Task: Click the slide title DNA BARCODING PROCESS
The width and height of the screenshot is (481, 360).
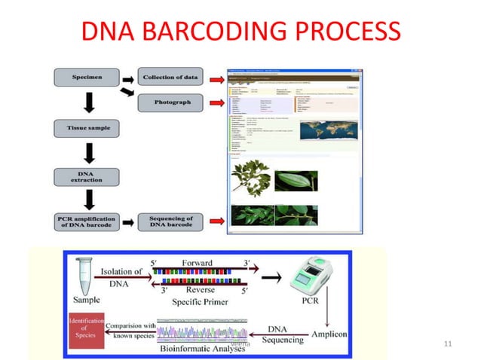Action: click(x=240, y=31)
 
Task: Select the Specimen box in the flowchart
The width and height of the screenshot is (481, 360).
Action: click(x=89, y=77)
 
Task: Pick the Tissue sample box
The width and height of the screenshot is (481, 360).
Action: click(x=89, y=128)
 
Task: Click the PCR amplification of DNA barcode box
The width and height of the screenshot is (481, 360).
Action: click(x=89, y=222)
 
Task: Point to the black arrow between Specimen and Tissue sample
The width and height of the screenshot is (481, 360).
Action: click(x=89, y=102)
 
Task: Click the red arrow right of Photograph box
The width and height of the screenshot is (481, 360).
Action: click(x=216, y=102)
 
